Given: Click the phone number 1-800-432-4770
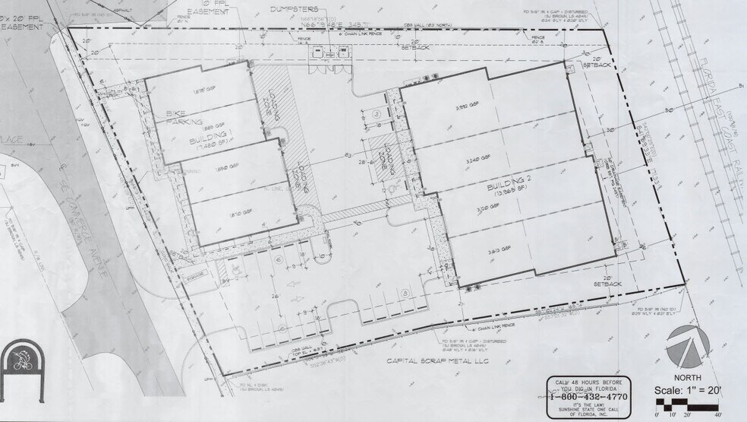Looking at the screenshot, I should (589, 395).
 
